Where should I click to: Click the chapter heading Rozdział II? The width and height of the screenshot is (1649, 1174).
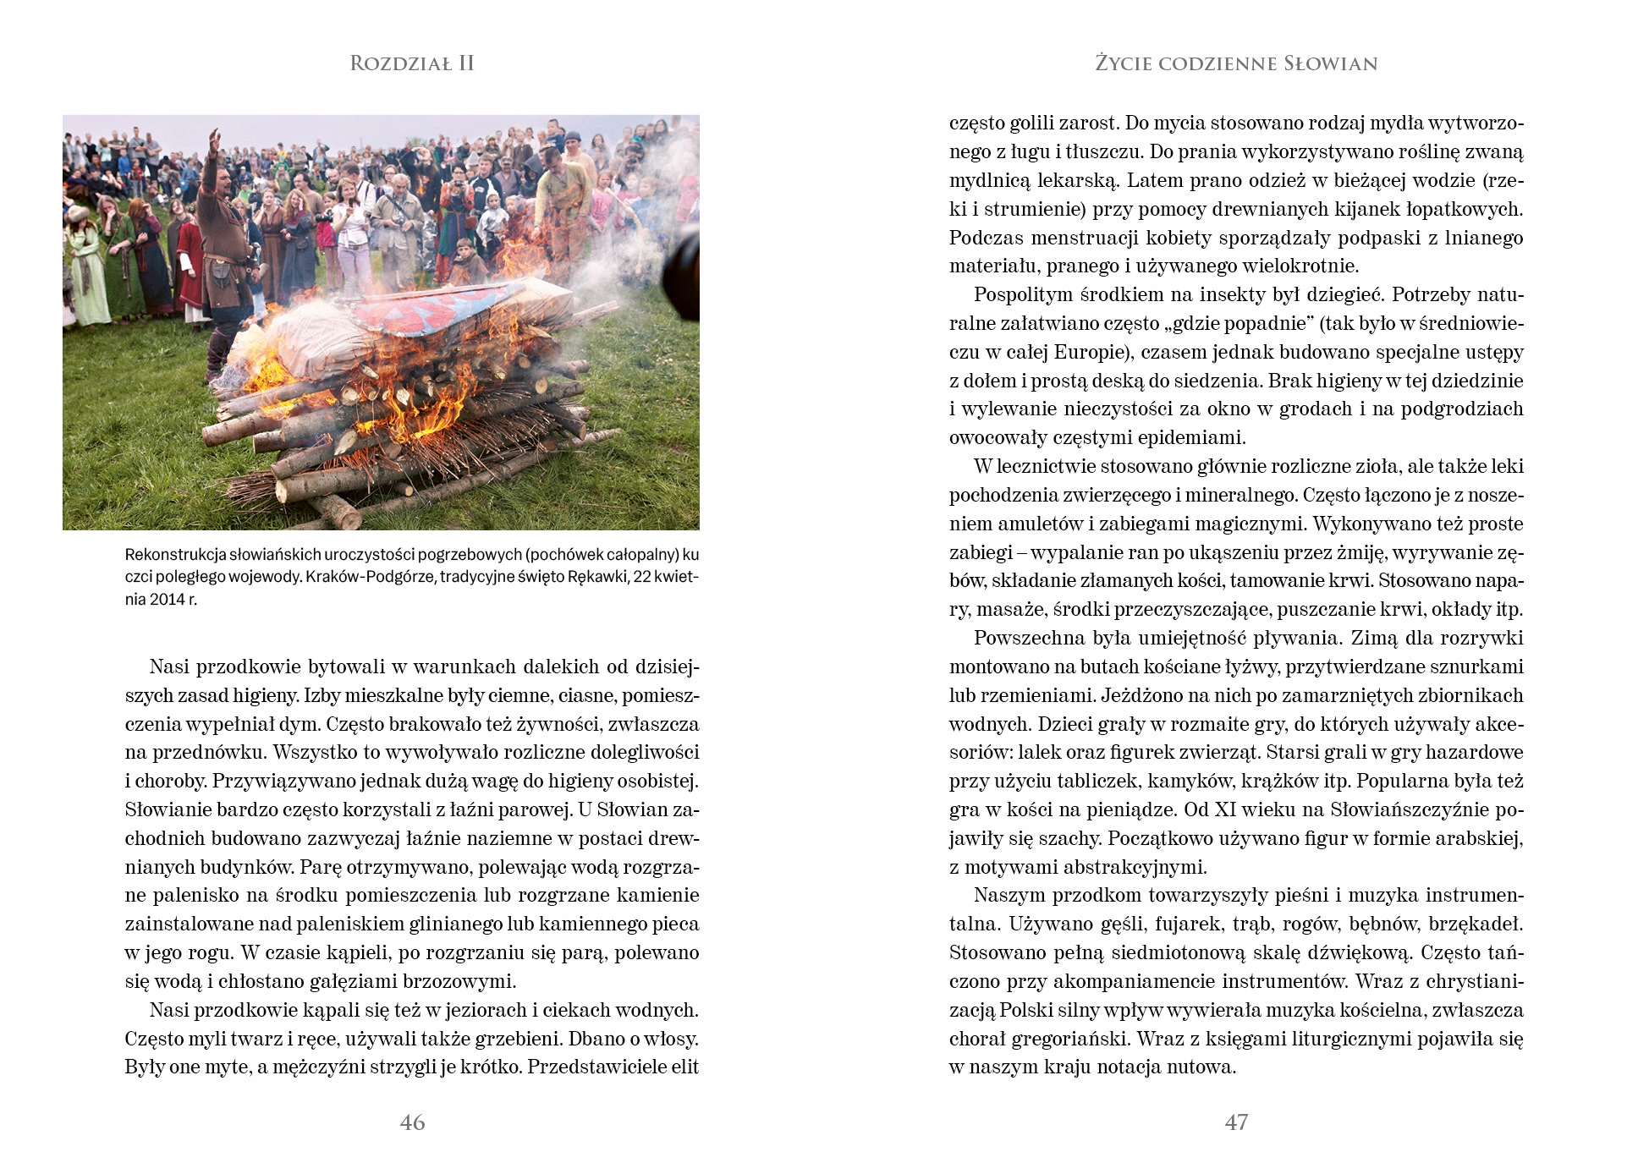pos(412,63)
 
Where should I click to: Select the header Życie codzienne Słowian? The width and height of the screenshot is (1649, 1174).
pos(1236,63)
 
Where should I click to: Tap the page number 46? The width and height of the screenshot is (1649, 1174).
pos(412,1122)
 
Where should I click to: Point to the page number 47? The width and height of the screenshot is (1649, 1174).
pos(1236,1122)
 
